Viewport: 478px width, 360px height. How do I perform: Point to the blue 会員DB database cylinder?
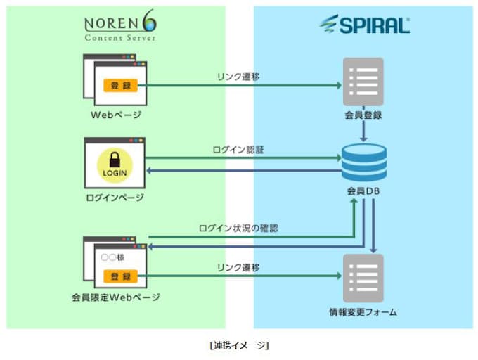363,162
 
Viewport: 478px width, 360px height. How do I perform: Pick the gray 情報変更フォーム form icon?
363,277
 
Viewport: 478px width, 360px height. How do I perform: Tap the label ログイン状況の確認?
238,228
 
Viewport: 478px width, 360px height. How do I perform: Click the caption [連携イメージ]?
239,345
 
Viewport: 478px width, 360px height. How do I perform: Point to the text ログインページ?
116,198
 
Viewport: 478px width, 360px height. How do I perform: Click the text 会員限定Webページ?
116,297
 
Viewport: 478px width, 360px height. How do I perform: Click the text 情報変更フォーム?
363,311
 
